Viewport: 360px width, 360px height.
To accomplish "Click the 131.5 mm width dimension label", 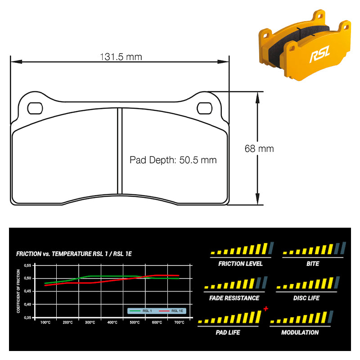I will (121, 57).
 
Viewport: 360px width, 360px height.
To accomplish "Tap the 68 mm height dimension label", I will (259, 148).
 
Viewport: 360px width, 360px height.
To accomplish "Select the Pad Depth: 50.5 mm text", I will (173, 160).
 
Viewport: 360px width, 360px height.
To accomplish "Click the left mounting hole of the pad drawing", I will (35, 108).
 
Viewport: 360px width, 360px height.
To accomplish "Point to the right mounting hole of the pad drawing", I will (205, 108).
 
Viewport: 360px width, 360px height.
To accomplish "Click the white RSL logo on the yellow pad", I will (319, 55).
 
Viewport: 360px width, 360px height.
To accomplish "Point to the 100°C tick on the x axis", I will (45, 323).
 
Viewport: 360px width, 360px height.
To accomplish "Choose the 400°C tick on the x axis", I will (112, 323).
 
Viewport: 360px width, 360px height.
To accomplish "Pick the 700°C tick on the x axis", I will (179, 323).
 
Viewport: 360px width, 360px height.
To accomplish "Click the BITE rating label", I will (313, 264).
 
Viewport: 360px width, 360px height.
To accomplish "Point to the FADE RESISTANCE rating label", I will (234, 298).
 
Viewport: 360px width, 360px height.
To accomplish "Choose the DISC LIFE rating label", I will (306, 298).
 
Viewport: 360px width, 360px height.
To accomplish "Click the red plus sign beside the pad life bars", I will (266, 309).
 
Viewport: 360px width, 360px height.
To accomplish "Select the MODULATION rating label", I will (300, 333).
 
